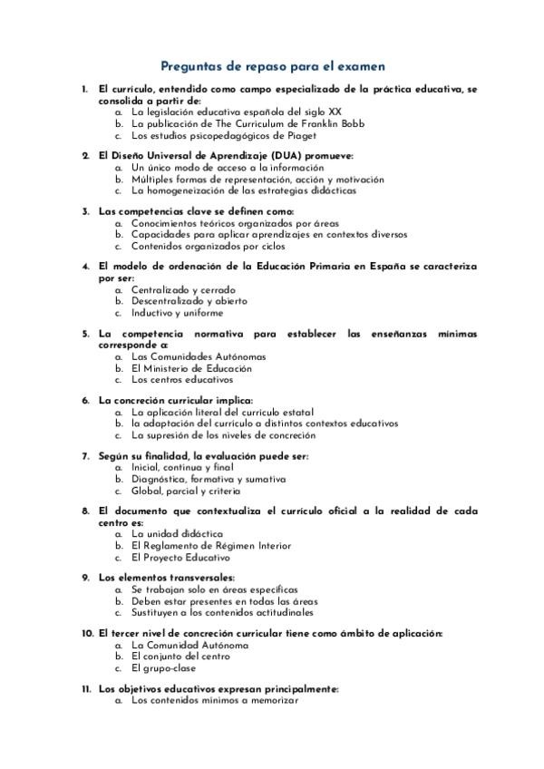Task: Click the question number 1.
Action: click(84, 90)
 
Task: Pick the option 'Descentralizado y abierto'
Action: click(189, 301)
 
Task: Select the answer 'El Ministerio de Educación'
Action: click(191, 368)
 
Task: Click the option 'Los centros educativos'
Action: click(181, 380)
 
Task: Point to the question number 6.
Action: click(84, 400)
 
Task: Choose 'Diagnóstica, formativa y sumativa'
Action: click(208, 479)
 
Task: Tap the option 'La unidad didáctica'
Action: click(177, 534)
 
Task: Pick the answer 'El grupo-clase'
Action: click(162, 668)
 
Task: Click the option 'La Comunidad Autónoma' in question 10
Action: click(189, 645)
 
